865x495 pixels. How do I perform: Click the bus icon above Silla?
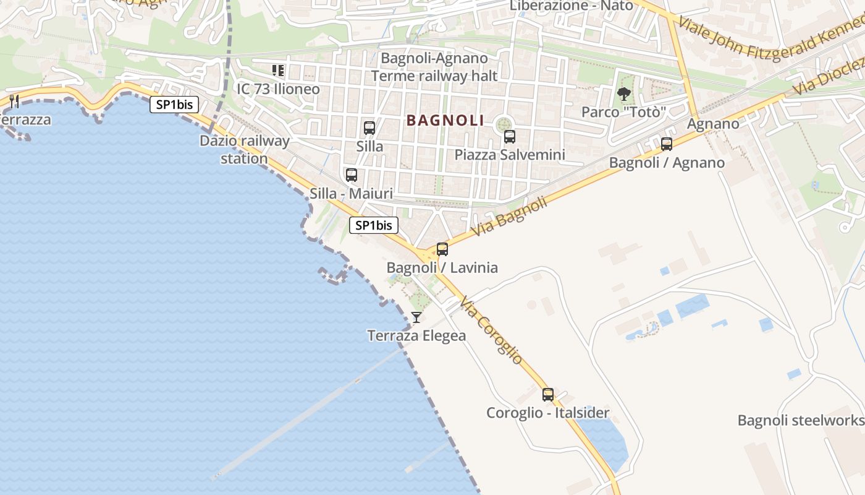[x=369, y=128]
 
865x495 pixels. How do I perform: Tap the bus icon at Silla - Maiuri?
[x=352, y=175]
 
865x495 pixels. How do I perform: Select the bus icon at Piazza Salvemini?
[x=510, y=137]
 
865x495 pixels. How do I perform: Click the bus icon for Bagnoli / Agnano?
[x=667, y=144]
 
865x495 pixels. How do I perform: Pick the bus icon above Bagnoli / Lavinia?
[x=442, y=249]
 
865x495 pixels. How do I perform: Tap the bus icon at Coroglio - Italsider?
[x=548, y=394]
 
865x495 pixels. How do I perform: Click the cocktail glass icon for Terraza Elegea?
[x=416, y=317]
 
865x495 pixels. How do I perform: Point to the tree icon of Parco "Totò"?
[x=624, y=94]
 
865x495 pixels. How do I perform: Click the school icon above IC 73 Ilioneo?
[x=278, y=71]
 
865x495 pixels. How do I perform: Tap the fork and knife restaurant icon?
[x=15, y=101]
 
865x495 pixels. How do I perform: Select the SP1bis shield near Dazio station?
[x=174, y=105]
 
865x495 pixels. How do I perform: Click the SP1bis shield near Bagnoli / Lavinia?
[x=374, y=225]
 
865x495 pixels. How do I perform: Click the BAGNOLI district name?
[x=445, y=120]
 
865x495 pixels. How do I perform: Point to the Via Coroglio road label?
[x=492, y=332]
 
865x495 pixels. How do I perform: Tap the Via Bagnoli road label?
[x=510, y=217]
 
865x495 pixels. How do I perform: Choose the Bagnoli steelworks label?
[x=801, y=421]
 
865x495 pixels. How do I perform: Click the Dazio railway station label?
[x=244, y=150]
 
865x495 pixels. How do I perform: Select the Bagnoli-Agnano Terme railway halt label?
[x=434, y=67]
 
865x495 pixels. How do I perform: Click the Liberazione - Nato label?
[x=572, y=6]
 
